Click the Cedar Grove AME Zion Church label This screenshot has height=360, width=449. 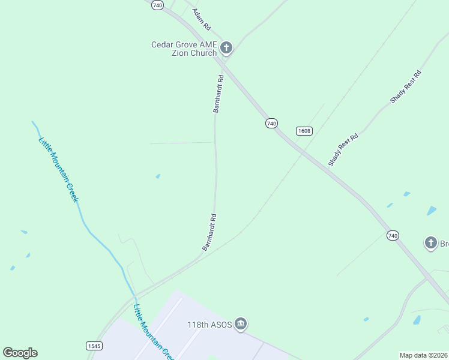(x=184, y=49)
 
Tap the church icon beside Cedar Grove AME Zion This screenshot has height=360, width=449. (x=226, y=47)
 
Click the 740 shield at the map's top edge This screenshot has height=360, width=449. (x=157, y=5)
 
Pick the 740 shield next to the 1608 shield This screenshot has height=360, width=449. (x=271, y=123)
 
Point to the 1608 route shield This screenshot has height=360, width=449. (x=304, y=131)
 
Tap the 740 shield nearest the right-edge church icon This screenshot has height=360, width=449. (x=393, y=236)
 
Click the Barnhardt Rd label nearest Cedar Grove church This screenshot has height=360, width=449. (x=218, y=94)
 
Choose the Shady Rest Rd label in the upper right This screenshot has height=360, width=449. (x=406, y=87)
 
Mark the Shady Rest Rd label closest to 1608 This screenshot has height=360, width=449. (x=343, y=150)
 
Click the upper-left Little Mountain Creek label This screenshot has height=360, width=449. (x=59, y=170)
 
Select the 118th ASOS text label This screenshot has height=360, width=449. (x=209, y=324)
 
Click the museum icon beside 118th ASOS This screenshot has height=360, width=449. (x=241, y=324)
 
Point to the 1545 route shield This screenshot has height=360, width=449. (x=94, y=346)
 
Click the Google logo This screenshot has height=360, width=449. (x=20, y=353)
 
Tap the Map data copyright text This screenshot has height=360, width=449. (x=424, y=355)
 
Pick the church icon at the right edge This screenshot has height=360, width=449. (x=430, y=243)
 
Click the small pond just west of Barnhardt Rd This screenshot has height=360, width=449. (x=158, y=176)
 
